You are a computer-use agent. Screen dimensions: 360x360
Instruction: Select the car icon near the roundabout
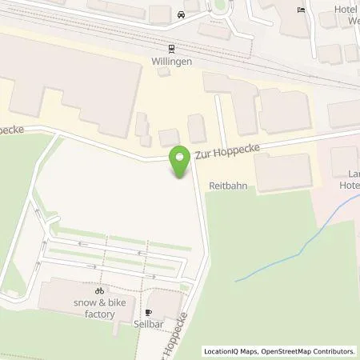click(x=182, y=14)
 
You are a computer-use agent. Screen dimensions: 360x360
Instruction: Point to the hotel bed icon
click(x=301, y=10)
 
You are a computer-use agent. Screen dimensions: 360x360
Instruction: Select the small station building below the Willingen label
click(x=164, y=72)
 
